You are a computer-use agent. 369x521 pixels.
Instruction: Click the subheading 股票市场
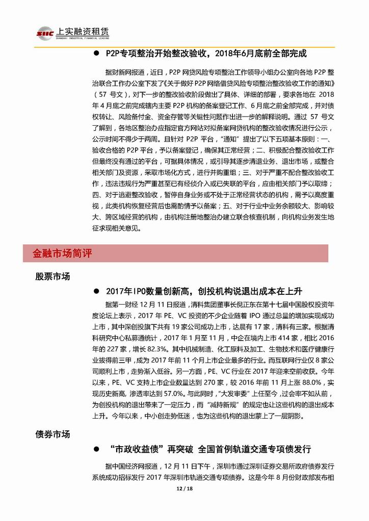(52, 277)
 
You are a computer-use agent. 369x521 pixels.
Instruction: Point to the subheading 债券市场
(52, 434)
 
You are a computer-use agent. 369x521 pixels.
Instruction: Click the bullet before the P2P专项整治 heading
(95, 53)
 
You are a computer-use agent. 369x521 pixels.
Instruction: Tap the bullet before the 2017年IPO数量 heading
(95, 291)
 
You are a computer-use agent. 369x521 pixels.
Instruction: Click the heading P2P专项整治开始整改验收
(206, 53)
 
